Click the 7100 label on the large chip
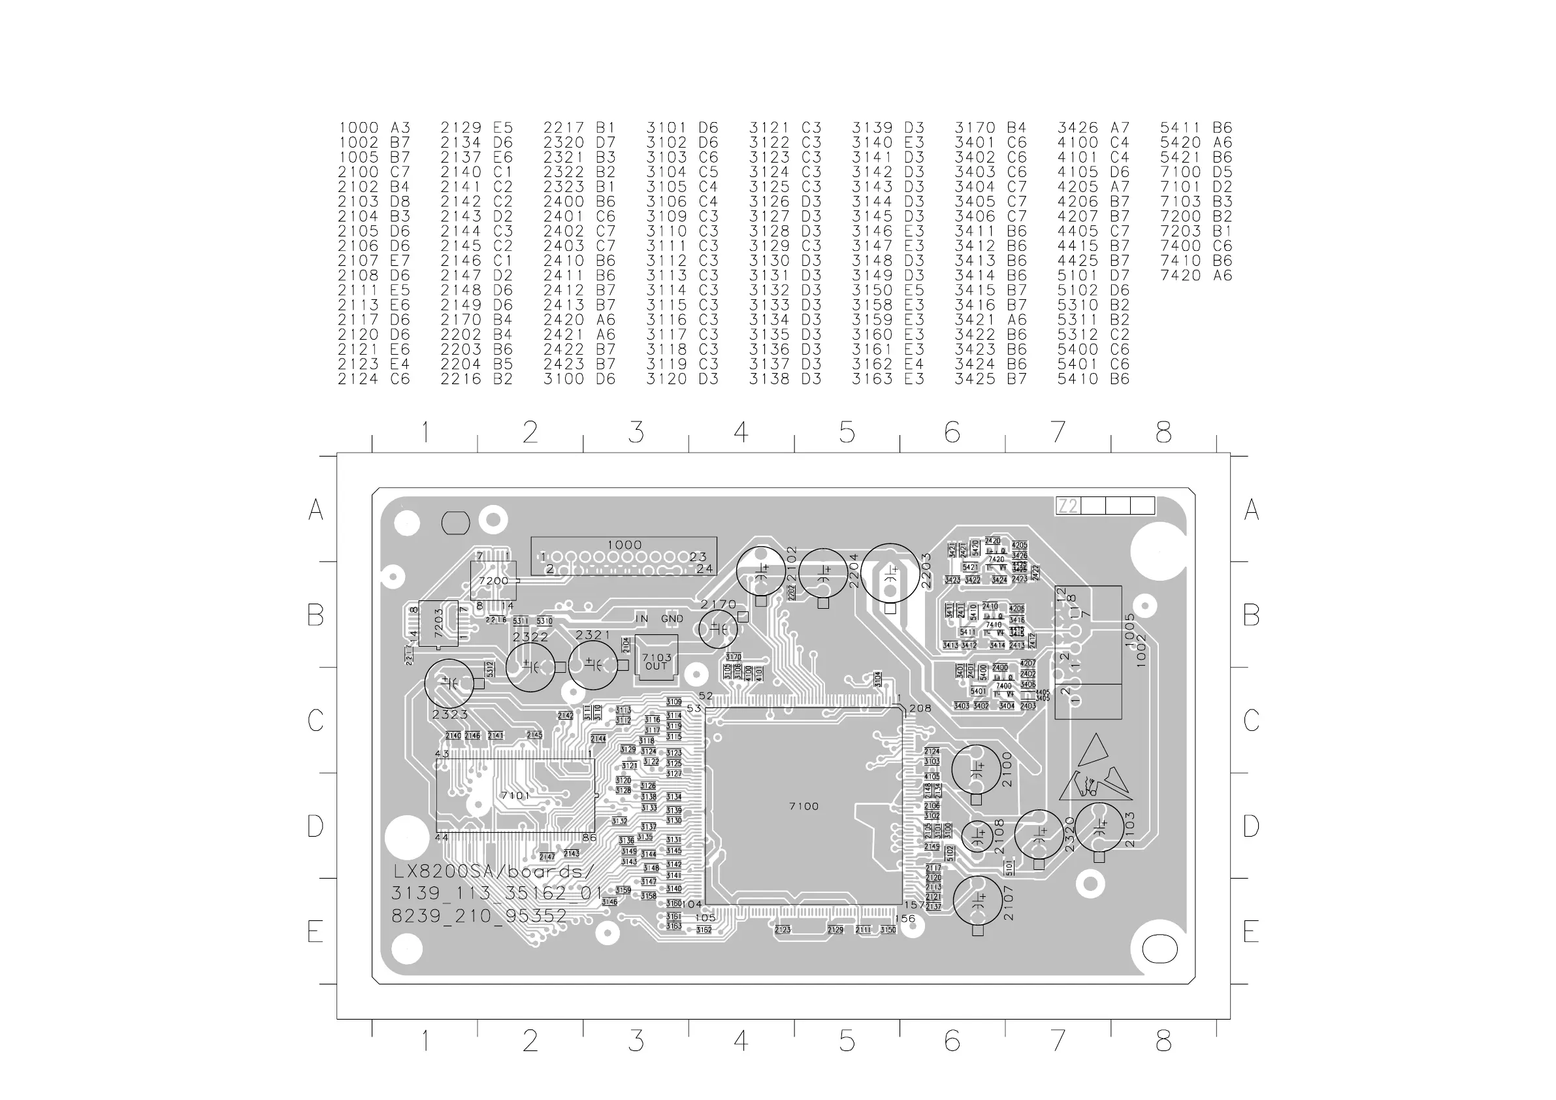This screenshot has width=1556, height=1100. [803, 807]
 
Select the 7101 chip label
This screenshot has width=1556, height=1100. [515, 796]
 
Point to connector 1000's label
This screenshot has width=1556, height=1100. [624, 545]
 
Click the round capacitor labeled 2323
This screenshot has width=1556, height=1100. [449, 684]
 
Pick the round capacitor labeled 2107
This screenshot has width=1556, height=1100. [977, 900]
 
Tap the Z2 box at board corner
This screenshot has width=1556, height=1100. [1067, 506]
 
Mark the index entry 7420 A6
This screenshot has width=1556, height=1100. [1195, 276]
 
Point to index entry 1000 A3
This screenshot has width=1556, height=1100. [374, 128]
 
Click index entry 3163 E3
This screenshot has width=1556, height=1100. [888, 380]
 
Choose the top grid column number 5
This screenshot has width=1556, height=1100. [847, 432]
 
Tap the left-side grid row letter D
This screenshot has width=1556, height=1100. [315, 826]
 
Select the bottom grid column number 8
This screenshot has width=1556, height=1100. [1163, 1041]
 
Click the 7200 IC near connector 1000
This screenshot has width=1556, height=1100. [493, 581]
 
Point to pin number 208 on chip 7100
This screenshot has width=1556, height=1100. [920, 709]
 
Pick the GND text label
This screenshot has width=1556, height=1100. [672, 619]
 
